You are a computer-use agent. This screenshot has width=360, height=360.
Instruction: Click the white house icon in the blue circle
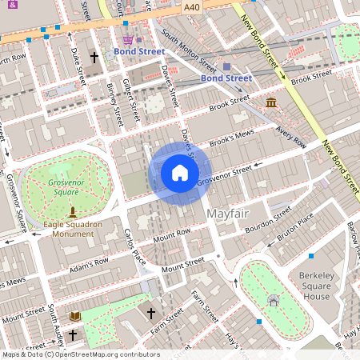180,173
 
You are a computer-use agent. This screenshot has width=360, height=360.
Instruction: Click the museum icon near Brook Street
272,103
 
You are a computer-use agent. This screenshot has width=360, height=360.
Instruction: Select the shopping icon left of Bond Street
128,39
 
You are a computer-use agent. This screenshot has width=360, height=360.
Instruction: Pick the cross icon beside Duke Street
94,58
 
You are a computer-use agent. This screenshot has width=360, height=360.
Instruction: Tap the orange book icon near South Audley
75,317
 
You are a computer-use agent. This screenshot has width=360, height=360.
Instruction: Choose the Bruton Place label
295,231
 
